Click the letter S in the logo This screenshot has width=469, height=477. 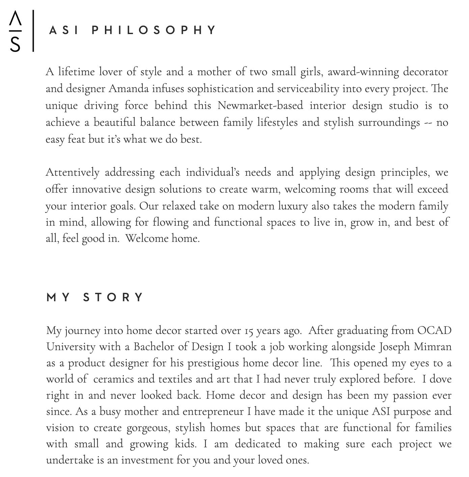click(x=15, y=44)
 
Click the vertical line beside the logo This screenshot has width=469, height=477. click(x=33, y=31)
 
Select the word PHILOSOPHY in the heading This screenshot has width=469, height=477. click(x=154, y=31)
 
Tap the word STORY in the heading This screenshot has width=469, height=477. click(x=114, y=298)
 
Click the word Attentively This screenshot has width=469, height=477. click(x=73, y=173)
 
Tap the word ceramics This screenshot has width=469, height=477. click(x=114, y=379)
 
